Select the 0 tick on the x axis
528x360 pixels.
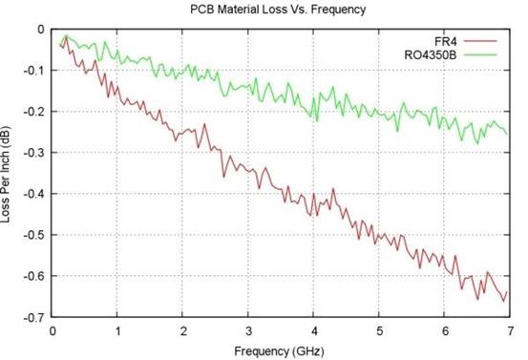[x=53, y=330]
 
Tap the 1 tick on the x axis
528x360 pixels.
[x=117, y=330]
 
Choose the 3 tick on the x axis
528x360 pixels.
[x=247, y=330]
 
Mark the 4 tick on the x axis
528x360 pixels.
[x=312, y=330]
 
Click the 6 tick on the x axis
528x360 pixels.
[x=442, y=330]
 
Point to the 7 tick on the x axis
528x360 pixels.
[x=507, y=330]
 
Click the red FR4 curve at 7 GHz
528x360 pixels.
[x=506, y=293]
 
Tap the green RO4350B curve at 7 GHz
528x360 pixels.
[x=506, y=133]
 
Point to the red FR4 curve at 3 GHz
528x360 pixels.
[x=247, y=168]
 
